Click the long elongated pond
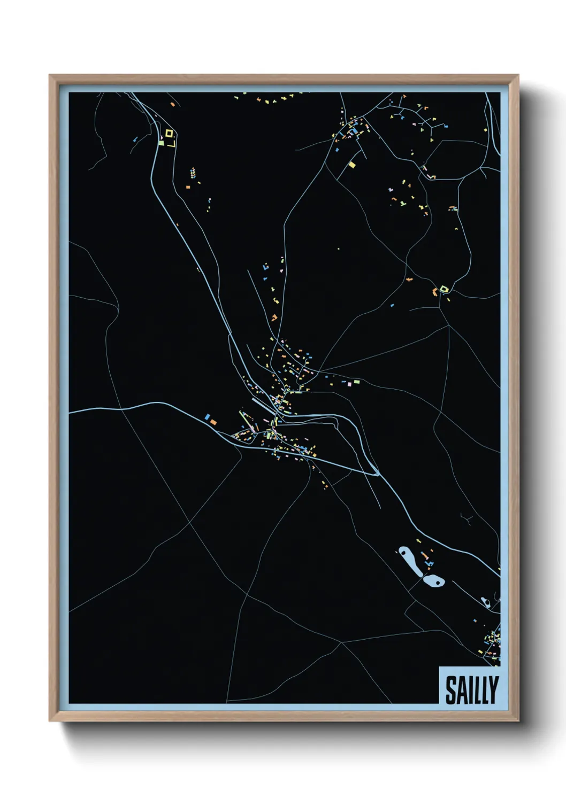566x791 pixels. click(409, 561)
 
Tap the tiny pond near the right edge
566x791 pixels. click(485, 602)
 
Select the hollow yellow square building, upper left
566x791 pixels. click(169, 133)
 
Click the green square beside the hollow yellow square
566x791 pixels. click(160, 143)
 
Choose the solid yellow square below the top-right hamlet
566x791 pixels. click(352, 165)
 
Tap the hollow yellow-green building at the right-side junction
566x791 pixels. click(443, 289)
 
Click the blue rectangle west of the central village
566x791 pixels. click(207, 416)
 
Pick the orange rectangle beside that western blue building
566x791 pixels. click(213, 422)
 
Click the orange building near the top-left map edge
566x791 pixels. click(173, 104)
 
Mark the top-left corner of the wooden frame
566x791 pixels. click(50, 76)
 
